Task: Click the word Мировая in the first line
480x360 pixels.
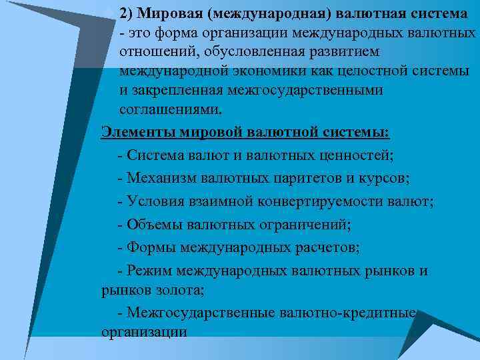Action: coord(162,14)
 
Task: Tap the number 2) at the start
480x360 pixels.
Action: coord(126,14)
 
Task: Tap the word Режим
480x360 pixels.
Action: coord(150,271)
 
